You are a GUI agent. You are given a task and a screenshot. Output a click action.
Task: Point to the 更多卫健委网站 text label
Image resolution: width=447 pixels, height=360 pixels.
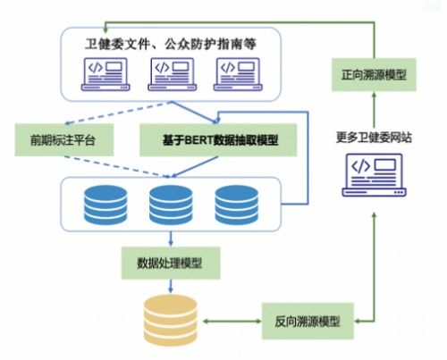coord(374,137)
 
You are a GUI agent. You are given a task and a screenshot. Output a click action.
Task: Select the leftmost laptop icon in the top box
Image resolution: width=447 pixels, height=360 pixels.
coord(105,72)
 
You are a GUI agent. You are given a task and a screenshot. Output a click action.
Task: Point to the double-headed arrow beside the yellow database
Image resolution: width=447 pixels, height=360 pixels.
coord(232,319)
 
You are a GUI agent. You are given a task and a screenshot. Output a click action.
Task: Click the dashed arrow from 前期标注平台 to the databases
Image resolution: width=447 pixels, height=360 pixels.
coord(125,166)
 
